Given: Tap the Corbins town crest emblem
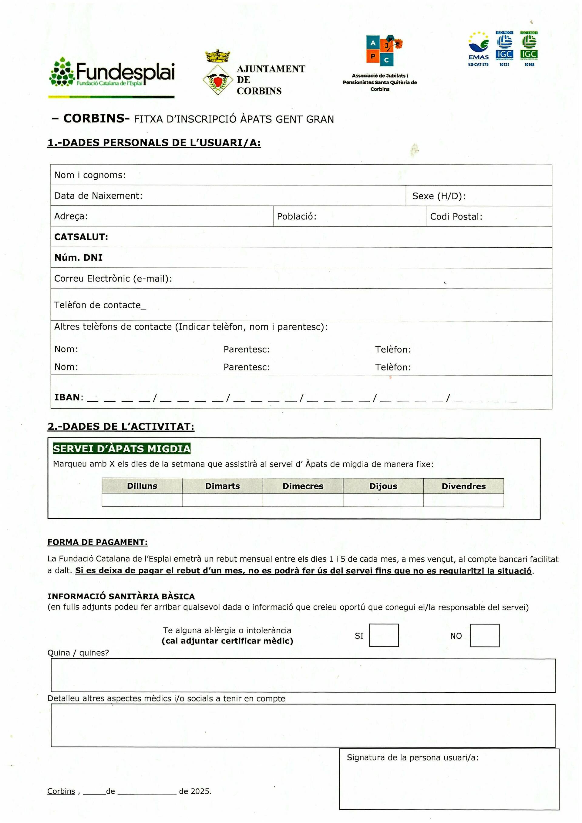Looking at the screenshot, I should click(x=216, y=73).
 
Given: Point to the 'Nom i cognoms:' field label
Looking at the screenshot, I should click(x=90, y=175).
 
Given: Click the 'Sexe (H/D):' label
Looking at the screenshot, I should click(x=439, y=196).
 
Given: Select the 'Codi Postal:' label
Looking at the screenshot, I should click(x=456, y=216).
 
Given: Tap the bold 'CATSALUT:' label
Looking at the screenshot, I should click(x=81, y=237).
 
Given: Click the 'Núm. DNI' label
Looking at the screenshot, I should click(x=78, y=257).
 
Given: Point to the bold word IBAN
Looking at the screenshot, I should click(x=67, y=397).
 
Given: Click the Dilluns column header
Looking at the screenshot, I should click(x=142, y=486).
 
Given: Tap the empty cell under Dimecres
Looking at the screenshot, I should click(x=303, y=500).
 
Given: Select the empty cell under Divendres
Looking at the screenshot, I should click(x=463, y=500).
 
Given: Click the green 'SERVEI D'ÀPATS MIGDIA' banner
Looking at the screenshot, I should click(x=122, y=448).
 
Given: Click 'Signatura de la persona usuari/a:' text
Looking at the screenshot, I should click(x=412, y=758).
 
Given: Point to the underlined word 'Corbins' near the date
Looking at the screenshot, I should click(x=61, y=791).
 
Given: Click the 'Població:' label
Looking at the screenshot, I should click(x=297, y=216).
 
